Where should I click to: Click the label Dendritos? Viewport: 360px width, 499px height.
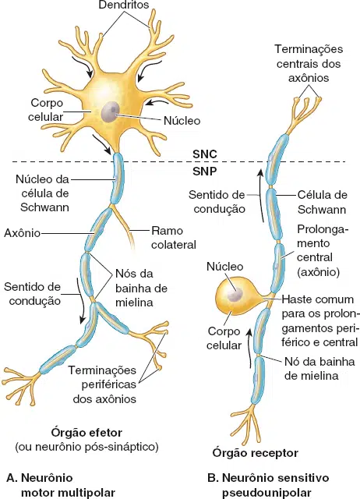click(124, 5)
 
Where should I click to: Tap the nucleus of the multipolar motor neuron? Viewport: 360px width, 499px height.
click(111, 111)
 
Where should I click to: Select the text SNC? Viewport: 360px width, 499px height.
click(205, 154)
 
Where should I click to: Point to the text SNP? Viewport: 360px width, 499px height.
click(205, 172)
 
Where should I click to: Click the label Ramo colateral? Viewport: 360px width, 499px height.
click(173, 237)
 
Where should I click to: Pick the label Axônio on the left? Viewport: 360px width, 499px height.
click(22, 233)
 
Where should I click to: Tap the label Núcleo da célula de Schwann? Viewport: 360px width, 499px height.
click(43, 193)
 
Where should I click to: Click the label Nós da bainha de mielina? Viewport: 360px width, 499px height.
click(141, 288)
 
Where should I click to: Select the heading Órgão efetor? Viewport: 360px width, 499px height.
click(86, 433)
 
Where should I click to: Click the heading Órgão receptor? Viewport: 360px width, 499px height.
click(256, 453)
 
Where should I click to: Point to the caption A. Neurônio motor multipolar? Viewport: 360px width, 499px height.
click(61, 485)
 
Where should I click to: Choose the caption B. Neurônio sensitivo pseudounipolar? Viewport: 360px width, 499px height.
click(268, 485)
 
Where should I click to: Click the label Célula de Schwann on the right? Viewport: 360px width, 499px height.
click(322, 202)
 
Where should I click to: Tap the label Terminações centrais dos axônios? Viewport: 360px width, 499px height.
click(309, 63)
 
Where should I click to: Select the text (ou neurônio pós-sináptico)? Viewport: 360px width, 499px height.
click(86, 447)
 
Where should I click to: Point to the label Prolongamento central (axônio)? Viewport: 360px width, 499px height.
click(319, 250)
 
